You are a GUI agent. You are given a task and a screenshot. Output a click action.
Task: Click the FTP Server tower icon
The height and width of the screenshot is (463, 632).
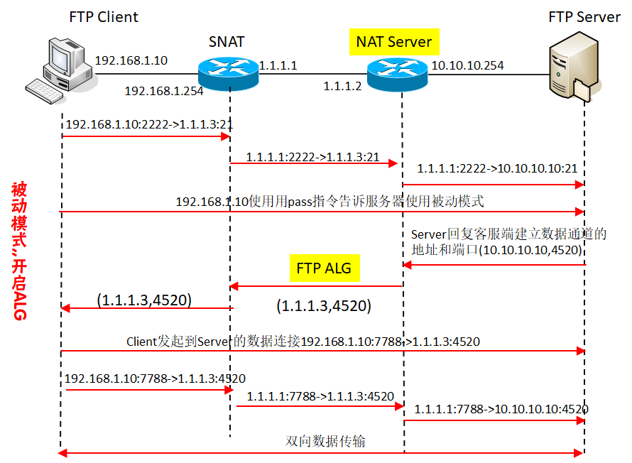coord(571,71)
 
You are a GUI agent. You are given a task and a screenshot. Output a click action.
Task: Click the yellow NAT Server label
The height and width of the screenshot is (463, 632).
coord(394,42)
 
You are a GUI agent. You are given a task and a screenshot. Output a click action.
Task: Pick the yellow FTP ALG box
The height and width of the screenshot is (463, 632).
coord(324,269)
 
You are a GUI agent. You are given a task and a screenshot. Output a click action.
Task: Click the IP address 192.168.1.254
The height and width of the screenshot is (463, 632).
coord(164,91)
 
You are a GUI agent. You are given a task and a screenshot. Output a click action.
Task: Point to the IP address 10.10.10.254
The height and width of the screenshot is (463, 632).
coord(468,66)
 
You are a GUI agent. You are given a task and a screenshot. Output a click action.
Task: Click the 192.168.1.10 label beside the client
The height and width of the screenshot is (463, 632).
coord(131,61)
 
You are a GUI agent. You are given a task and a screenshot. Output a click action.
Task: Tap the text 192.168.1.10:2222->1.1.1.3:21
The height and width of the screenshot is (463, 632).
coord(150,124)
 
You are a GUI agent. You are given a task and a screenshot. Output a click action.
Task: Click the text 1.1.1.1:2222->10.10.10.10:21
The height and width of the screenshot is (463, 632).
coord(497,169)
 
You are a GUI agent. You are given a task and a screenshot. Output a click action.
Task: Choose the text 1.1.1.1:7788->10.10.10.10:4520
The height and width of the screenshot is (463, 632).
coord(501,409)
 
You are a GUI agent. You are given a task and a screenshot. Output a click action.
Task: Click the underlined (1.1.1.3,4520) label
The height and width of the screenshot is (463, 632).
coord(145,300)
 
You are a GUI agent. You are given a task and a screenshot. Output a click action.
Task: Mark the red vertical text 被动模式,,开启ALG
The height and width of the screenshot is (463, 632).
coord(19,251)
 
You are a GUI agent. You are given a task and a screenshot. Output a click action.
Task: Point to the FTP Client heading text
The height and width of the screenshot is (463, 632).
coord(104,16)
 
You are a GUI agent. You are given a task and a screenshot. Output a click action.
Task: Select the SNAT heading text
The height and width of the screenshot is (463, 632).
coord(227,42)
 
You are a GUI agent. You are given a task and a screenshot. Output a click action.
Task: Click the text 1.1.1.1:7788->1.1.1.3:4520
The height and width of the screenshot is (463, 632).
coord(320,396)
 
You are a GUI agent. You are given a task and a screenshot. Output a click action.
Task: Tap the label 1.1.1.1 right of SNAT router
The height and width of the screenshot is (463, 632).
coord(278,66)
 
